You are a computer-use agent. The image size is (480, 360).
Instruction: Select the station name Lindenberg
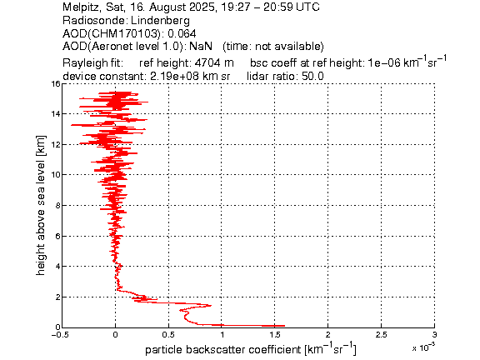[160, 21]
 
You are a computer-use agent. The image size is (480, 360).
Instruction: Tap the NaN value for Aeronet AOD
[201, 46]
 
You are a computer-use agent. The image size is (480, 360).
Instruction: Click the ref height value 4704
[207, 62]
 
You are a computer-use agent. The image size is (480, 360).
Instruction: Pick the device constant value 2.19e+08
[174, 76]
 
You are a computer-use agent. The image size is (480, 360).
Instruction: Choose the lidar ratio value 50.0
[312, 76]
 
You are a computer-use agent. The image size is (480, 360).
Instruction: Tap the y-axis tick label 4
[57, 267]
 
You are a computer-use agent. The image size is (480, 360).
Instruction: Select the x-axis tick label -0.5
[60, 335]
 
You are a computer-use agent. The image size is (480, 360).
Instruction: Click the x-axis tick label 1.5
[275, 335]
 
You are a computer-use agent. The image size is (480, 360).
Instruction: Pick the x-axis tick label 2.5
[382, 335]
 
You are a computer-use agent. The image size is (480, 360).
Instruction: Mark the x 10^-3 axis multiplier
[423, 347]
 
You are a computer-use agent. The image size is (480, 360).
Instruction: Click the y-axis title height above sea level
[40, 205]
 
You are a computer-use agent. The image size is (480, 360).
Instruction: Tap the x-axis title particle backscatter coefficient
[223, 349]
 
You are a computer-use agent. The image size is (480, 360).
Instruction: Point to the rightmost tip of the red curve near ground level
[285, 326]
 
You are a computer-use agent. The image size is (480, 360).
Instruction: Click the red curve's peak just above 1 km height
[211, 305]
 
